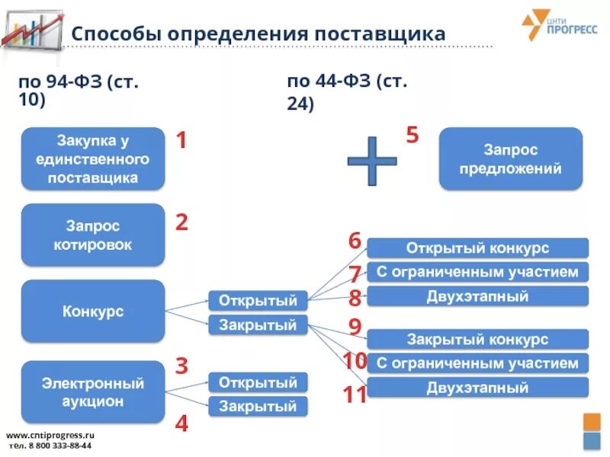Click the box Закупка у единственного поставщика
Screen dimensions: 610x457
point(93,158)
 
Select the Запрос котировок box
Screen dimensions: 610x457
point(93,235)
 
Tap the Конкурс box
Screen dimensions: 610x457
point(93,311)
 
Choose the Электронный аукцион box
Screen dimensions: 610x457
point(93,391)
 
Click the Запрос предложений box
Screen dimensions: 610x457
point(510,158)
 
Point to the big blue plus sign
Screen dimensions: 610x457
point(372,161)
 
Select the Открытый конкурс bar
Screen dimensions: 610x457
point(477,248)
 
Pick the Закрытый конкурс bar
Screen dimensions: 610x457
point(477,340)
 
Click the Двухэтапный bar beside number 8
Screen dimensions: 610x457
point(477,296)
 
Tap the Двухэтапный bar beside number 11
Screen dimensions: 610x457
point(477,388)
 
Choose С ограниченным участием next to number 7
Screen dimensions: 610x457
point(477,272)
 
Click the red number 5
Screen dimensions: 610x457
point(413,136)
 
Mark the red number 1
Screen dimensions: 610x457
point(181,140)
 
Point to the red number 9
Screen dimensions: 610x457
point(355,327)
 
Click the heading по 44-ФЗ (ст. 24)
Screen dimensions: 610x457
point(347,93)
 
